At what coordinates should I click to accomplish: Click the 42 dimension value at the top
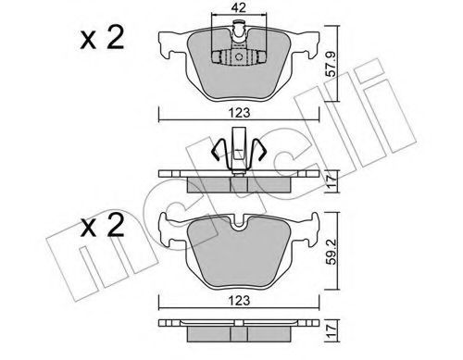click(x=238, y=7)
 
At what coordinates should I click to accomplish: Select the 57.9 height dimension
click(x=332, y=64)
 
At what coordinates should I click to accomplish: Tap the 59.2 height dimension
click(x=332, y=251)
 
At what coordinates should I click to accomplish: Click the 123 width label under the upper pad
click(x=239, y=112)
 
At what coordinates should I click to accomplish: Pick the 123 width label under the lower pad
click(x=239, y=300)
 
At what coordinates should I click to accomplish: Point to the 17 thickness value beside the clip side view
click(x=332, y=181)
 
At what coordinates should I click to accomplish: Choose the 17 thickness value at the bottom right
click(x=332, y=330)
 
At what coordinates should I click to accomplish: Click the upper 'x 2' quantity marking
click(x=102, y=38)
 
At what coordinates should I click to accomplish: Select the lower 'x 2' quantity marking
click(x=102, y=225)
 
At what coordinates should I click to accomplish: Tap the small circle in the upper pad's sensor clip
click(x=239, y=56)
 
